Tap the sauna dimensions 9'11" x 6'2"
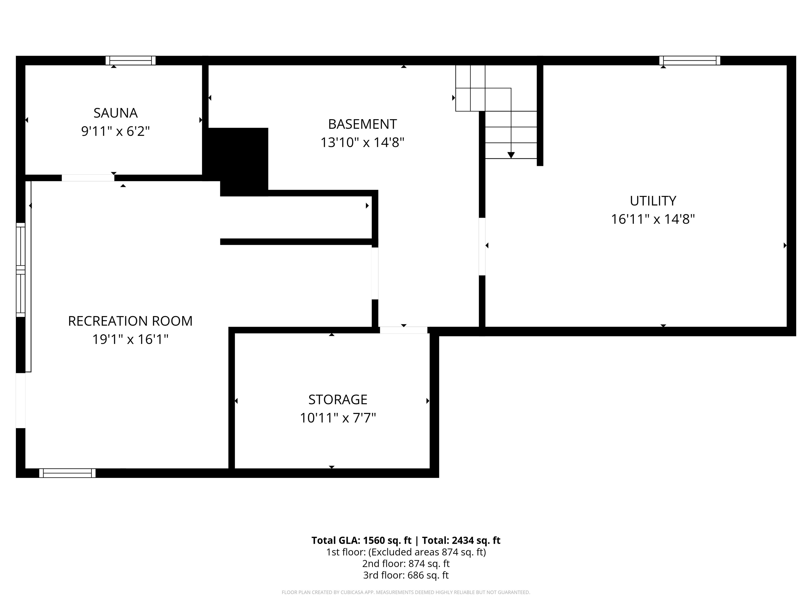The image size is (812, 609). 115,131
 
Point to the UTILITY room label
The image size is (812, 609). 653,201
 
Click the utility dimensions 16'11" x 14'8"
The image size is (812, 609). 653,219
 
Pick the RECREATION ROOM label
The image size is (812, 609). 130,321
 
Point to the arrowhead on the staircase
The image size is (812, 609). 511,155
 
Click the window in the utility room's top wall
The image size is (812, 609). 689,61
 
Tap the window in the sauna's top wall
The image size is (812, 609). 131,61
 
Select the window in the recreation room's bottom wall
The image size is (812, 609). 67,473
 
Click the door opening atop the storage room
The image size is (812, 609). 403,330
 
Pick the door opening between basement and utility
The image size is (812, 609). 482,246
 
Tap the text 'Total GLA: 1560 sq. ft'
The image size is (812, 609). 361,540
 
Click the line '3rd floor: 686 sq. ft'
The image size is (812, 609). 406,575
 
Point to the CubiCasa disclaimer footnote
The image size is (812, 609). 406,592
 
